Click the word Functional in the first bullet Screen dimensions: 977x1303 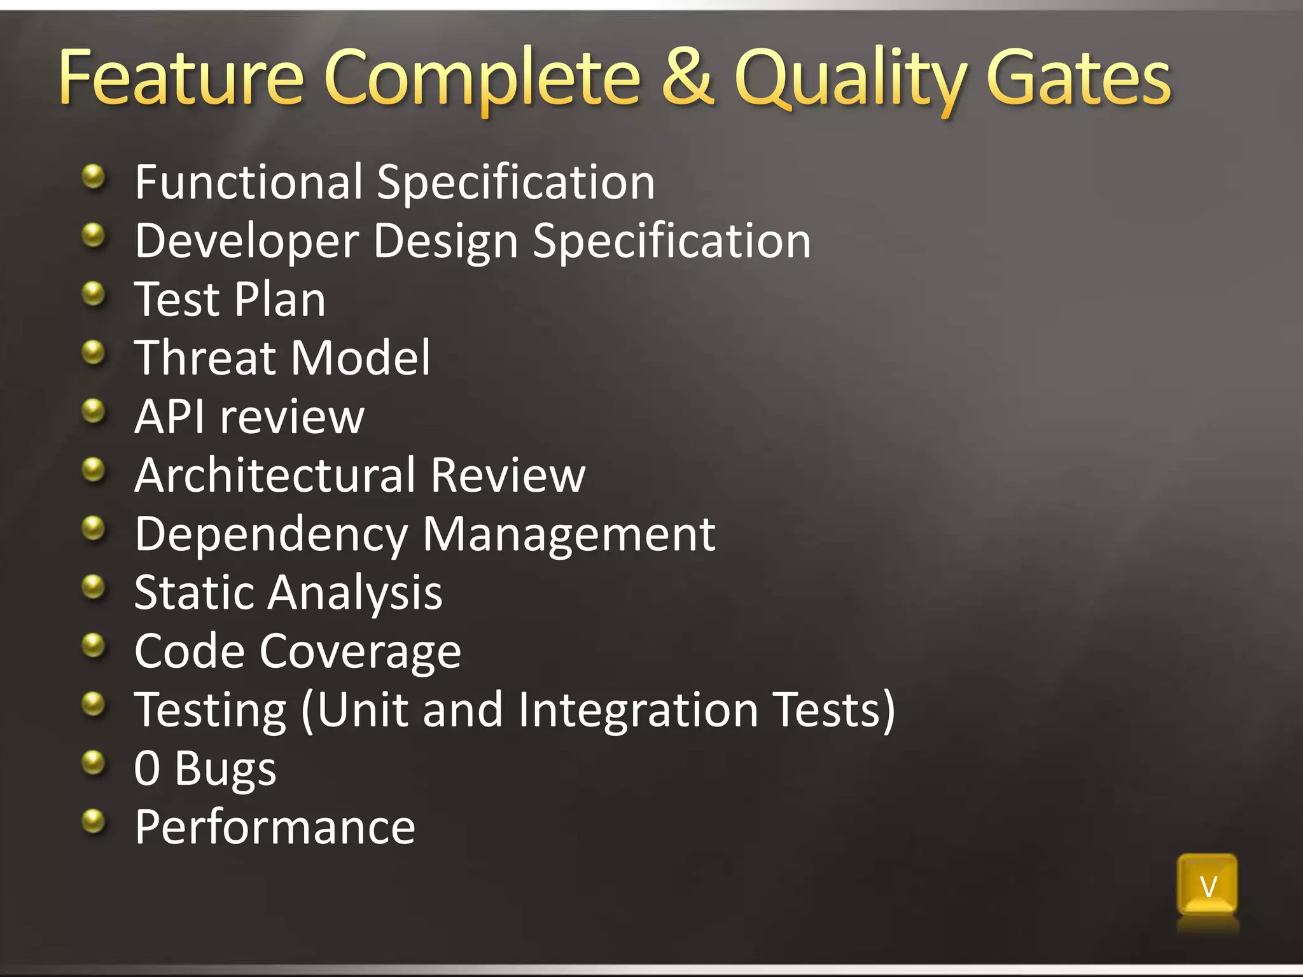(x=249, y=183)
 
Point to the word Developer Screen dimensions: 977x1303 (x=247, y=242)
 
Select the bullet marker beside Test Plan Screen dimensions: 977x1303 (x=94, y=294)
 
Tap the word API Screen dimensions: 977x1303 (x=169, y=417)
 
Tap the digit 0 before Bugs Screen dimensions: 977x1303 (x=147, y=768)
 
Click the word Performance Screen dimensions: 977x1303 (x=275, y=828)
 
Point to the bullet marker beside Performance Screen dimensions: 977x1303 (x=94, y=821)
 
